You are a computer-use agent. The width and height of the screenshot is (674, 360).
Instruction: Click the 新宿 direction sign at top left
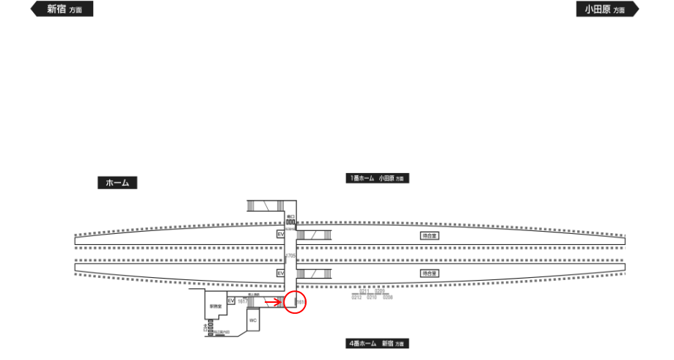pos(62,10)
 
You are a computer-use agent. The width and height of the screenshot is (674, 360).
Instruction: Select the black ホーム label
pos(117,183)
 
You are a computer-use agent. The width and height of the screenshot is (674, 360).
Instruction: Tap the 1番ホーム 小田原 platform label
pos(377,178)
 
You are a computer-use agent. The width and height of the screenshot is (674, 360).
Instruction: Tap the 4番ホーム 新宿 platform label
pos(377,343)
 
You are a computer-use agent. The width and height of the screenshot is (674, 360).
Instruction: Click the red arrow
pos(273,301)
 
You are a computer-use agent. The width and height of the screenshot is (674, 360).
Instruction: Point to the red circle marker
pos(294,302)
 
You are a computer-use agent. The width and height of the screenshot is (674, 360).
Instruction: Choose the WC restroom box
pos(253,320)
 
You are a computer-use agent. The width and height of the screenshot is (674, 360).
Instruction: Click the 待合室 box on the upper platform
pos(429,236)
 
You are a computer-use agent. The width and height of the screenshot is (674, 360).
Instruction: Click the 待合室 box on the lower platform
pos(429,273)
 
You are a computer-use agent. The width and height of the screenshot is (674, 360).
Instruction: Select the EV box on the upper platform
pos(280,234)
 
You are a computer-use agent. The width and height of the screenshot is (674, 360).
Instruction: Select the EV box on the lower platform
pos(280,273)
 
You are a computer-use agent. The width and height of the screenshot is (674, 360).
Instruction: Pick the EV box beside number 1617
pos(231,301)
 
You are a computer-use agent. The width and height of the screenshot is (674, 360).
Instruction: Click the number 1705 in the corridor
pos(290,256)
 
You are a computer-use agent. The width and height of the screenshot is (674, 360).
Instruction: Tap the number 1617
pos(242,301)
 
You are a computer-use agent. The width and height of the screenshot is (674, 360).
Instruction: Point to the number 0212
pos(356,298)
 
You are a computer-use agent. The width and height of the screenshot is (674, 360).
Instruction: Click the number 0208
pos(388,298)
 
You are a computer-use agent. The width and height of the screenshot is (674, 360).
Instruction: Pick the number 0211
pos(364,291)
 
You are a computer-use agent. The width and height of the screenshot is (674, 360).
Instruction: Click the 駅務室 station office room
pos(216,306)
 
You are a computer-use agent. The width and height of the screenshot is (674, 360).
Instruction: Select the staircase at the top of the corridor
pos(263,205)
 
